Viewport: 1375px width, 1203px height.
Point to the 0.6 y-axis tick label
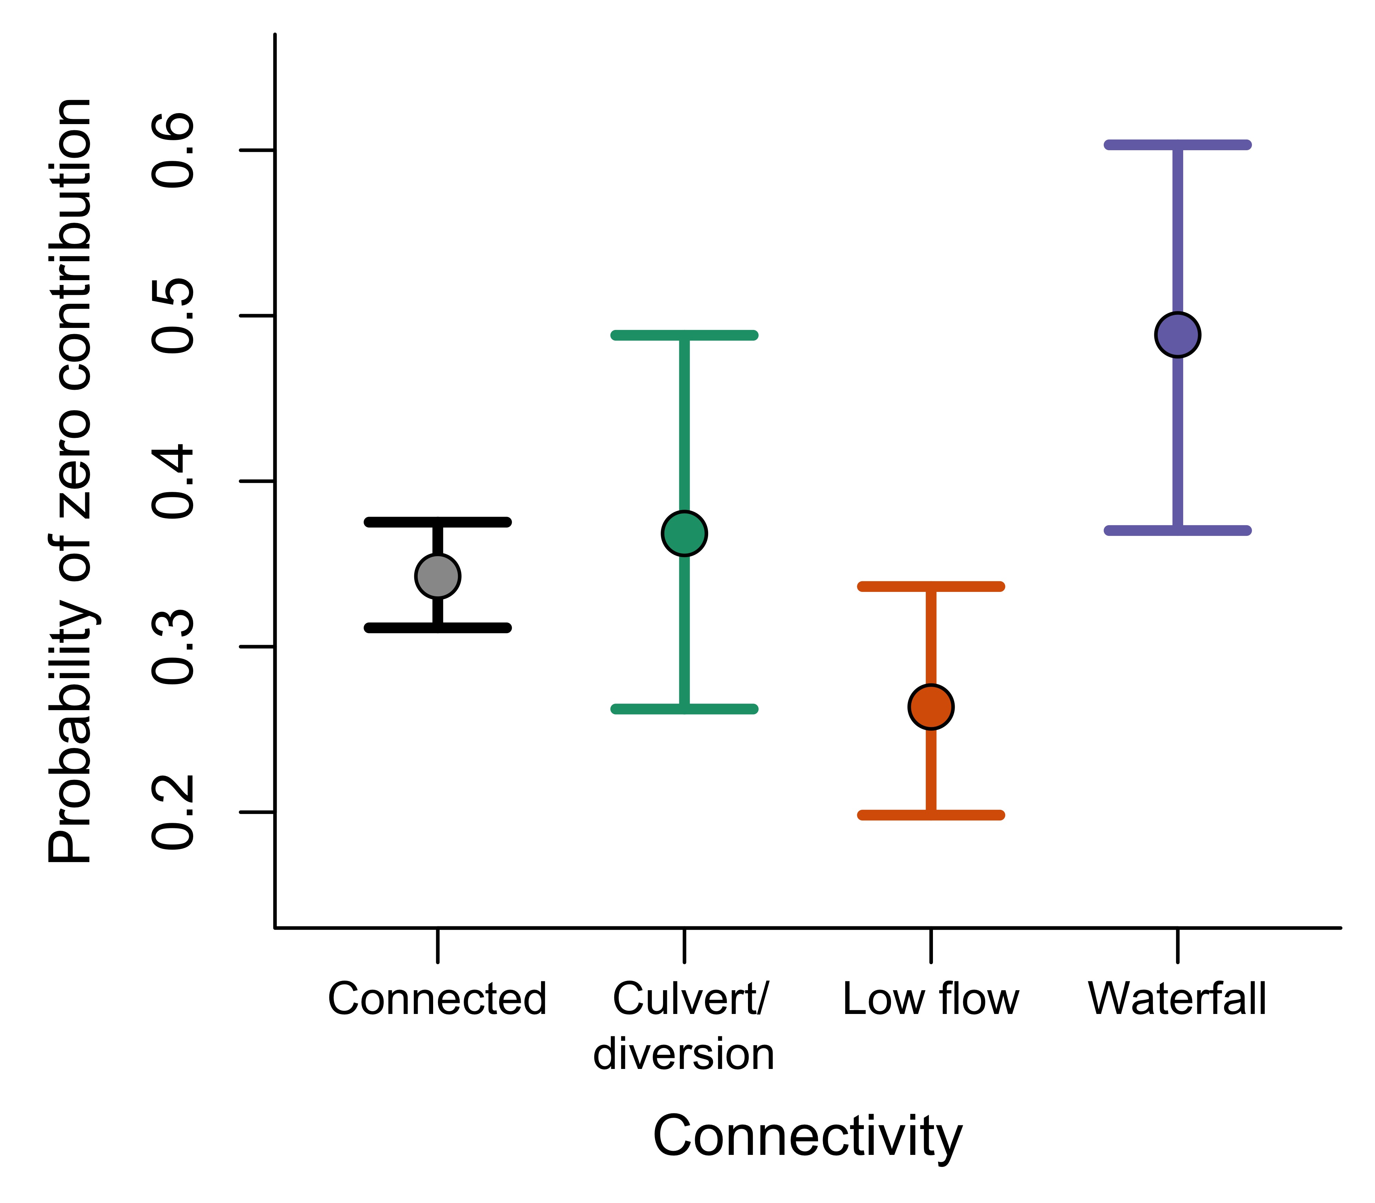click(x=173, y=151)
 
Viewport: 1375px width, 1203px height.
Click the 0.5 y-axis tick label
click(x=173, y=316)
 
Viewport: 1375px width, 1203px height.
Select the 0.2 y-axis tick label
click(x=173, y=812)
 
